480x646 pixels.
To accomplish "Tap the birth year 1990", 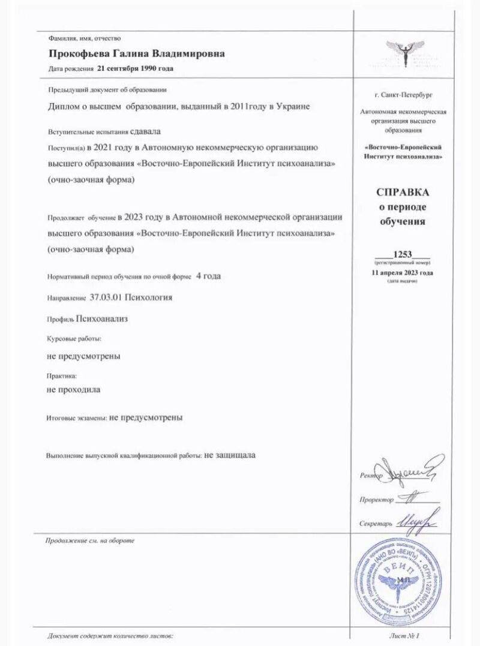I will tap(149, 68).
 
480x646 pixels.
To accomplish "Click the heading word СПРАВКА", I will tap(402, 193).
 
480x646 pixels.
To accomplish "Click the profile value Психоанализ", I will tap(101, 319).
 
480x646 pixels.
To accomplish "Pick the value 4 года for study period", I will tap(208, 277).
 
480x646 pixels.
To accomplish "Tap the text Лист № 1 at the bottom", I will tap(410, 635).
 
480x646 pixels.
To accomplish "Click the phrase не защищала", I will tap(230, 455).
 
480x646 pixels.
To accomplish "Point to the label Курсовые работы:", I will tap(70, 339).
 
